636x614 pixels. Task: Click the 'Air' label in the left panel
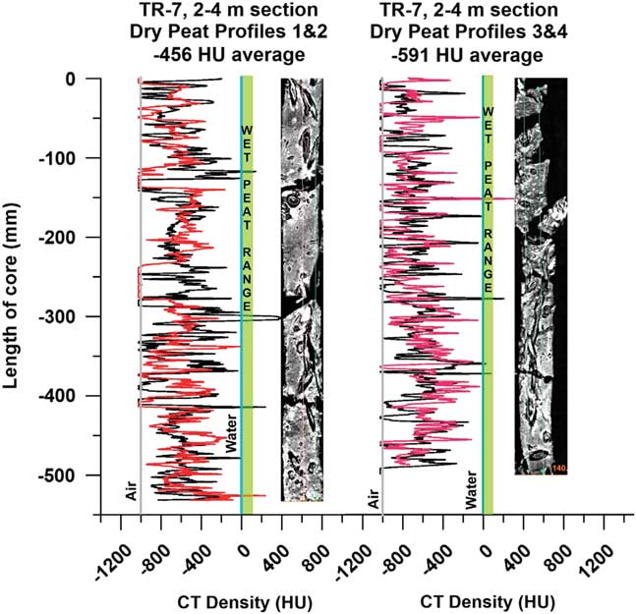click(131, 492)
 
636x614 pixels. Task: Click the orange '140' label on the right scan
click(559, 468)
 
